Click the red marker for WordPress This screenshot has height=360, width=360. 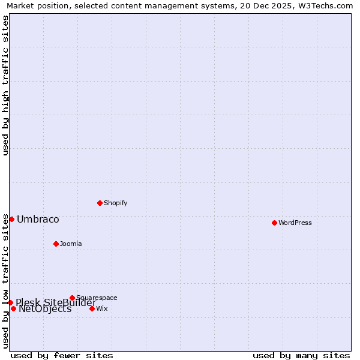(274, 223)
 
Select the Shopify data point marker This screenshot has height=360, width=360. (100, 203)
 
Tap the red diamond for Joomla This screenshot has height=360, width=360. (56, 244)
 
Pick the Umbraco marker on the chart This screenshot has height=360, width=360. (11, 219)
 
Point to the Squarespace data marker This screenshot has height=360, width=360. (72, 298)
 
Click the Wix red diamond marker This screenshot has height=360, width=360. (92, 308)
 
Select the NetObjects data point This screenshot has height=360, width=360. (13, 308)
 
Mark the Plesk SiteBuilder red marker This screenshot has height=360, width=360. (10, 302)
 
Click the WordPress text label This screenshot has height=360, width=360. (295, 223)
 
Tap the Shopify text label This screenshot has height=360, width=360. (115, 203)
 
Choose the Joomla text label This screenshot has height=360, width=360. (71, 244)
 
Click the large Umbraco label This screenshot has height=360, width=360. (38, 220)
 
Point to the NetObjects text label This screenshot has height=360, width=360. (45, 310)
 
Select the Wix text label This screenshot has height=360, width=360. (102, 309)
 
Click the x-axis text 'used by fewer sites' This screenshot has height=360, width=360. (62, 355)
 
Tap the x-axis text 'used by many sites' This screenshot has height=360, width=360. (301, 355)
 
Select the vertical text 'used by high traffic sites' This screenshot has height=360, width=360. (6, 85)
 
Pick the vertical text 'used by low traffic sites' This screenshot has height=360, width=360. (6, 281)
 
